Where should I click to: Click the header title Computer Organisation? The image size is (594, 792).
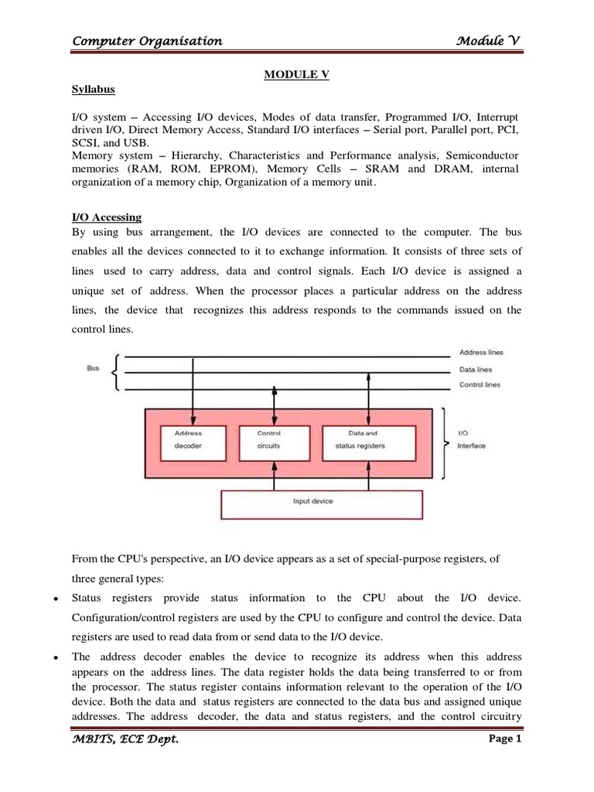tap(147, 42)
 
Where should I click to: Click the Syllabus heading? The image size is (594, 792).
tap(94, 90)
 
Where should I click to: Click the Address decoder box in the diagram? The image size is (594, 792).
tap(189, 439)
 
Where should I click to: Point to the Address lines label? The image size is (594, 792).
tap(481, 352)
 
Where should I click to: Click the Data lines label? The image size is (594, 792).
tap(476, 369)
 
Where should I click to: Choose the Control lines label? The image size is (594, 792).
tap(480, 384)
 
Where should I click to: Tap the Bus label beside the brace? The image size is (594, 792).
tap(94, 369)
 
